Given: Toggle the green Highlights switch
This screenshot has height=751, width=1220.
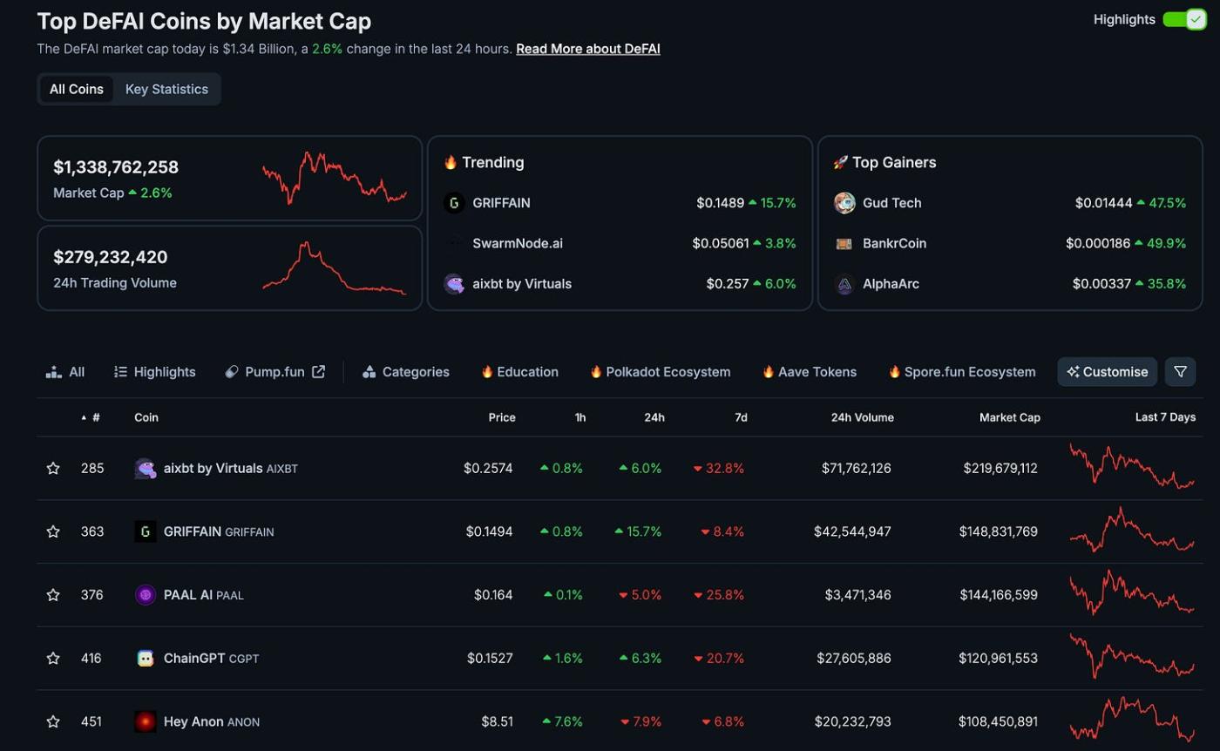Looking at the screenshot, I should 1184,19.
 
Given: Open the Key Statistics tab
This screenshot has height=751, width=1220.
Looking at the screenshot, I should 166,89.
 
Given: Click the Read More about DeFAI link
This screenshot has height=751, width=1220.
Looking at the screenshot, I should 587,49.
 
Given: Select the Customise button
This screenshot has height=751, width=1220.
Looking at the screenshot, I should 1107,372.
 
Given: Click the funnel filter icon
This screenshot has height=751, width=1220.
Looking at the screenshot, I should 1180,372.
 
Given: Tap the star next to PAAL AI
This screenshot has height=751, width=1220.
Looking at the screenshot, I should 53,595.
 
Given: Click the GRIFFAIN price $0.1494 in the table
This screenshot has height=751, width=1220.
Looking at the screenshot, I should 489,531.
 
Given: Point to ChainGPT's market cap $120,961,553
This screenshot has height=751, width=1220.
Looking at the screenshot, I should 998,659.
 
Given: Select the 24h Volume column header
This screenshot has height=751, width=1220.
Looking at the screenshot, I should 862,417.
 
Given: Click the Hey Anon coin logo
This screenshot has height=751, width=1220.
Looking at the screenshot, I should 146,721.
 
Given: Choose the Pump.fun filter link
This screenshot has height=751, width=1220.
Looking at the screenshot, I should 274,372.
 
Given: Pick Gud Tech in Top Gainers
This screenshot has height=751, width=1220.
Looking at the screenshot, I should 891,203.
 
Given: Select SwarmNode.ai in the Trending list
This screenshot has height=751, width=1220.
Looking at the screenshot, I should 518,243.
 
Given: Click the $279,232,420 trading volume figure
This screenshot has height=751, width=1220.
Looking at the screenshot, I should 111,257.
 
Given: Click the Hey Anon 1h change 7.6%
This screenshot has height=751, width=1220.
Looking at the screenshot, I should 562,722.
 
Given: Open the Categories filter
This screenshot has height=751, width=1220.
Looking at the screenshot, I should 406,372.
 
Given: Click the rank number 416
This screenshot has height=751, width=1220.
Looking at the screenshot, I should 91,659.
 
